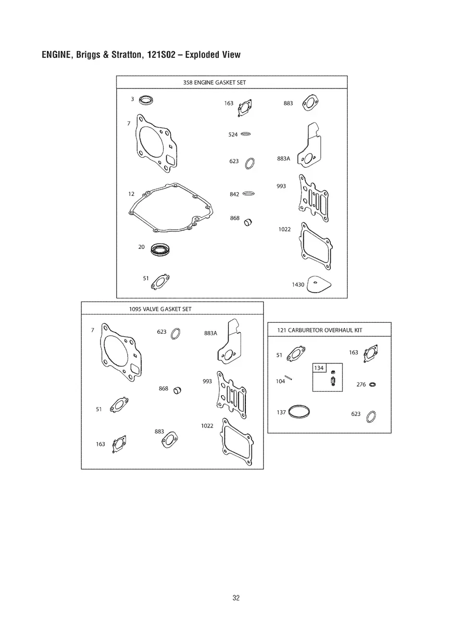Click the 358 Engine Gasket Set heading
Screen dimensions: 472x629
tap(214, 82)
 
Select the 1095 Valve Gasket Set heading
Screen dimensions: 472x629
tap(160, 309)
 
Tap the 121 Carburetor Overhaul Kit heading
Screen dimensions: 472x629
tap(319, 330)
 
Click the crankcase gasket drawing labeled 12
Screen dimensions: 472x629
tap(130, 212)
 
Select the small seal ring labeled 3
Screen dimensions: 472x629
tap(145, 100)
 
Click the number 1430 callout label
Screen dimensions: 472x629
tap(298, 284)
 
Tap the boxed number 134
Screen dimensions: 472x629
tap(319, 368)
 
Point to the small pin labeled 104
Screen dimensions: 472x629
tap(288, 378)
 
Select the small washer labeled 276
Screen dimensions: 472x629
tap(372, 385)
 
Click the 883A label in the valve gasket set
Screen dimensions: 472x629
tap(210, 333)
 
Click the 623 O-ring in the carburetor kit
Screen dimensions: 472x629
tap(367, 417)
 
